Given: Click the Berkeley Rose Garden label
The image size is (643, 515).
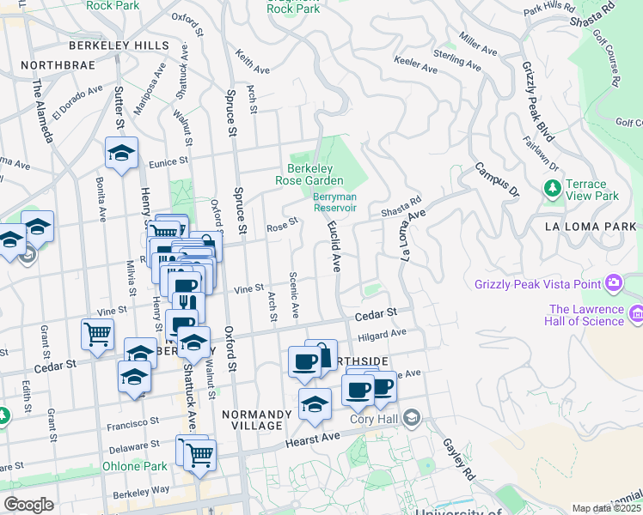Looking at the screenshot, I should (309, 174).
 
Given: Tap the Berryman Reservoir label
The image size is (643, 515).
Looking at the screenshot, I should (334, 201).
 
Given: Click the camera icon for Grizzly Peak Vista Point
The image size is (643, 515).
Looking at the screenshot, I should (613, 282).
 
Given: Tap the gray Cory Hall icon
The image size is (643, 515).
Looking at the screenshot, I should (413, 418).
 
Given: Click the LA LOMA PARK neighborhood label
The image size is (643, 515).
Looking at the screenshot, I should (590, 227).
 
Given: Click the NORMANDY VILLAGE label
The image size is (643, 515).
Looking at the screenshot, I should (253, 420).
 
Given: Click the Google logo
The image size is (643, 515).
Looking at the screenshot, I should (28, 505).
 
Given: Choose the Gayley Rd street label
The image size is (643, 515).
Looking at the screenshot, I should (460, 458).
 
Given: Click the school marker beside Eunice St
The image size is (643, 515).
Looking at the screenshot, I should (121, 154).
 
